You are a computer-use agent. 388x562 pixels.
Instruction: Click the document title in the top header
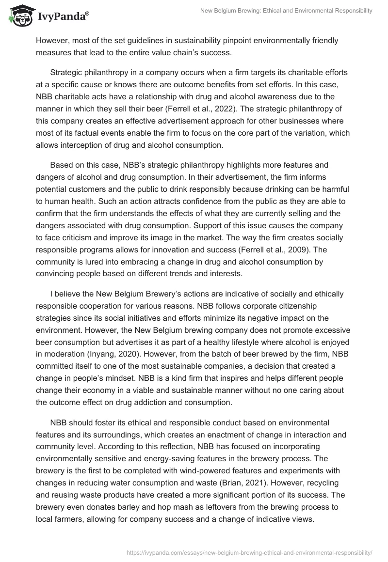286,11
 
